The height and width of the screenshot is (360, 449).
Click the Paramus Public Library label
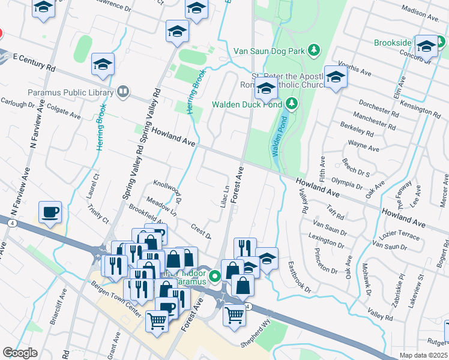pos(70,92)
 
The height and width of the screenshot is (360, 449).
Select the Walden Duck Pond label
pos(246,104)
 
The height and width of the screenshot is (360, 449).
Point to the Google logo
pos(20,353)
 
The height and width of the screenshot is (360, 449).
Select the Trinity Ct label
pos(98,214)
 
